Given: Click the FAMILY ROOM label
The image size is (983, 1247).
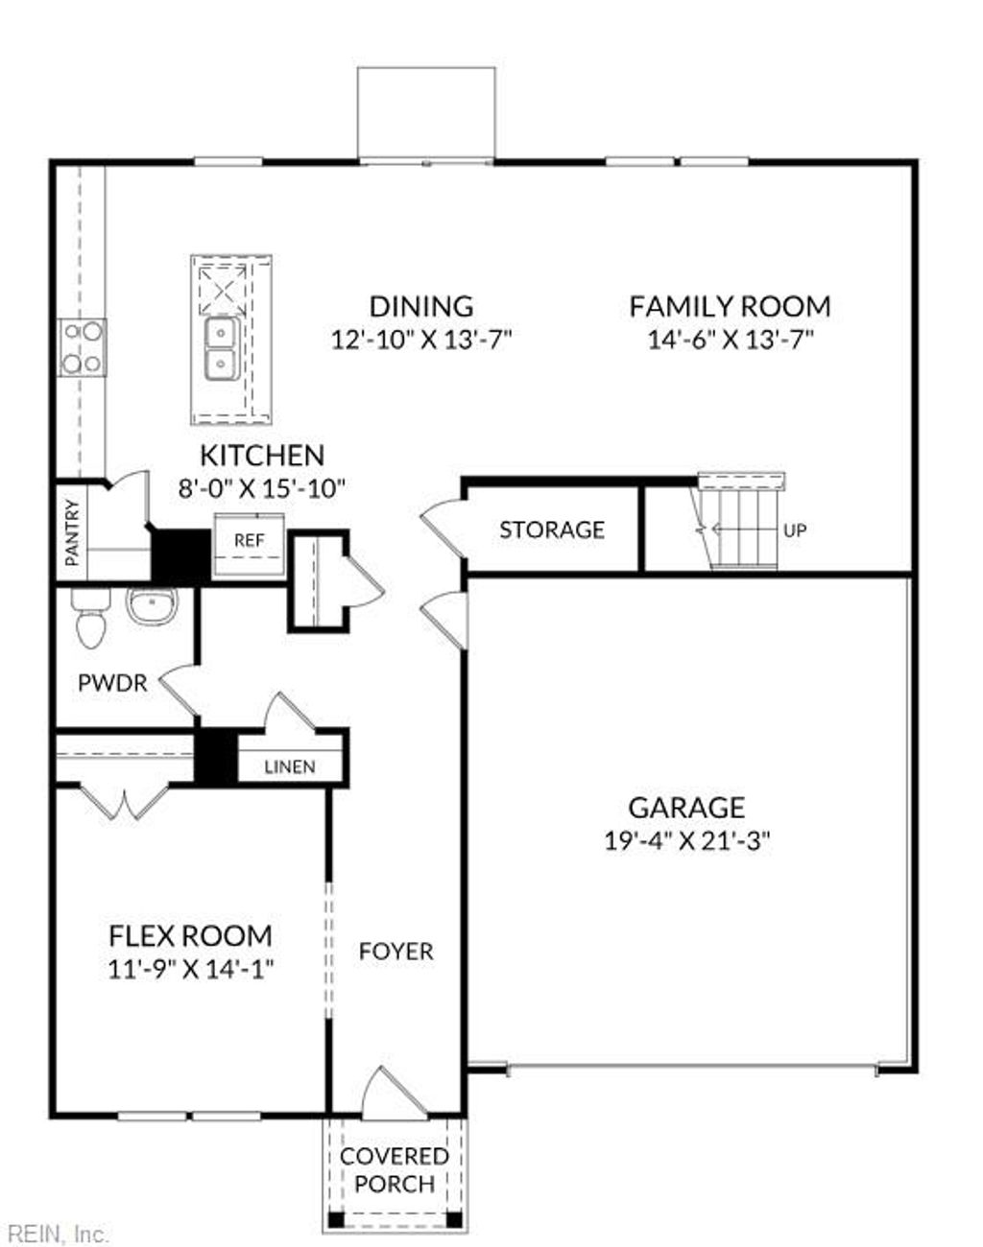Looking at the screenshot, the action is pos(730,307).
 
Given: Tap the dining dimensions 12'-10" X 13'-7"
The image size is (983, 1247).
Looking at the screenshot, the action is pos(422,340).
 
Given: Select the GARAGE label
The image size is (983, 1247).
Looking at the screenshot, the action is pos(686,808).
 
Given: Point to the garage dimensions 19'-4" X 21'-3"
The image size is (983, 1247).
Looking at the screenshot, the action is pos(687,841).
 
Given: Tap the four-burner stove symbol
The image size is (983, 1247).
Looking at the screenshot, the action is pos(83,347).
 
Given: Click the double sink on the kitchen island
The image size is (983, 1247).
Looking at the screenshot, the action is pos(222,348).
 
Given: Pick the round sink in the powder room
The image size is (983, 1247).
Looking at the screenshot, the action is pos(152,606).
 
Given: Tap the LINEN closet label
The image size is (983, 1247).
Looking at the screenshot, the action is pos(289,766).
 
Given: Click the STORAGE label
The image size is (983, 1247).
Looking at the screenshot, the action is pos(552,529).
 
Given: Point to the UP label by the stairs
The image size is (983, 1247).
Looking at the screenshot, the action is pos(795,529).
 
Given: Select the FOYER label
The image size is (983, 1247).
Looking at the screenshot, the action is pos(396,952).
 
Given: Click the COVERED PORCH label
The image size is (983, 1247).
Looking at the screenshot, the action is pos(395,1170).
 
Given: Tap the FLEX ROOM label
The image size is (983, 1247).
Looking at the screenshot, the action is pos(190,935).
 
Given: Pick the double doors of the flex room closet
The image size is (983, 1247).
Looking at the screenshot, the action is pos(123,801).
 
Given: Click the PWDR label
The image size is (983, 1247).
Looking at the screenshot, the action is pos(112,683).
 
